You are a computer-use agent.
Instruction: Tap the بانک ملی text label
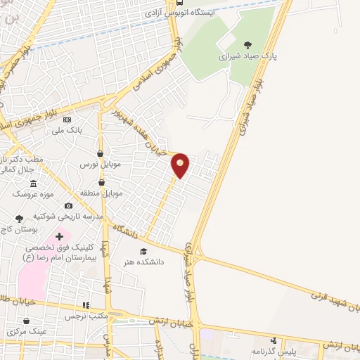click(x=69, y=130)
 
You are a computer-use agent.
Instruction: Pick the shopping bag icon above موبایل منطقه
click(x=102, y=183)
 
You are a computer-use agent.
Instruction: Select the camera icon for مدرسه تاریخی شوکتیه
click(x=67, y=205)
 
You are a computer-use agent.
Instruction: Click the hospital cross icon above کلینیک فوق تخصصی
click(x=59, y=237)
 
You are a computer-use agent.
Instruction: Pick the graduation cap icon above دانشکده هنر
click(x=143, y=251)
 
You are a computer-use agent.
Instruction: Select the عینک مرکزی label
click(x=27, y=330)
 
